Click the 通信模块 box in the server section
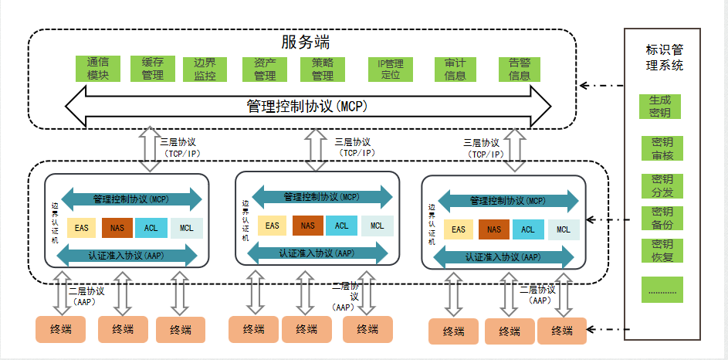click(x=98, y=69)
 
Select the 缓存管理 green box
click(x=153, y=69)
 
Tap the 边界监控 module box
click(x=205, y=69)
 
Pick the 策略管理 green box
click(x=323, y=69)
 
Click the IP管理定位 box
click(x=391, y=69)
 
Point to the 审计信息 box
click(x=455, y=69)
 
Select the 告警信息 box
click(x=520, y=69)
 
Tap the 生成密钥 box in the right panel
click(x=660, y=107)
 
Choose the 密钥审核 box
click(x=662, y=148)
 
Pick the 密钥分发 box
click(x=662, y=185)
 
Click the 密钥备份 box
click(x=662, y=219)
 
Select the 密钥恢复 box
click(x=662, y=250)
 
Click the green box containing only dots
click(x=662, y=289)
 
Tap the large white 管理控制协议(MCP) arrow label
click(x=308, y=106)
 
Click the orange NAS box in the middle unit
click(x=308, y=226)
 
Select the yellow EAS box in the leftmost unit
click(x=82, y=228)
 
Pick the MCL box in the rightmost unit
click(x=564, y=229)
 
